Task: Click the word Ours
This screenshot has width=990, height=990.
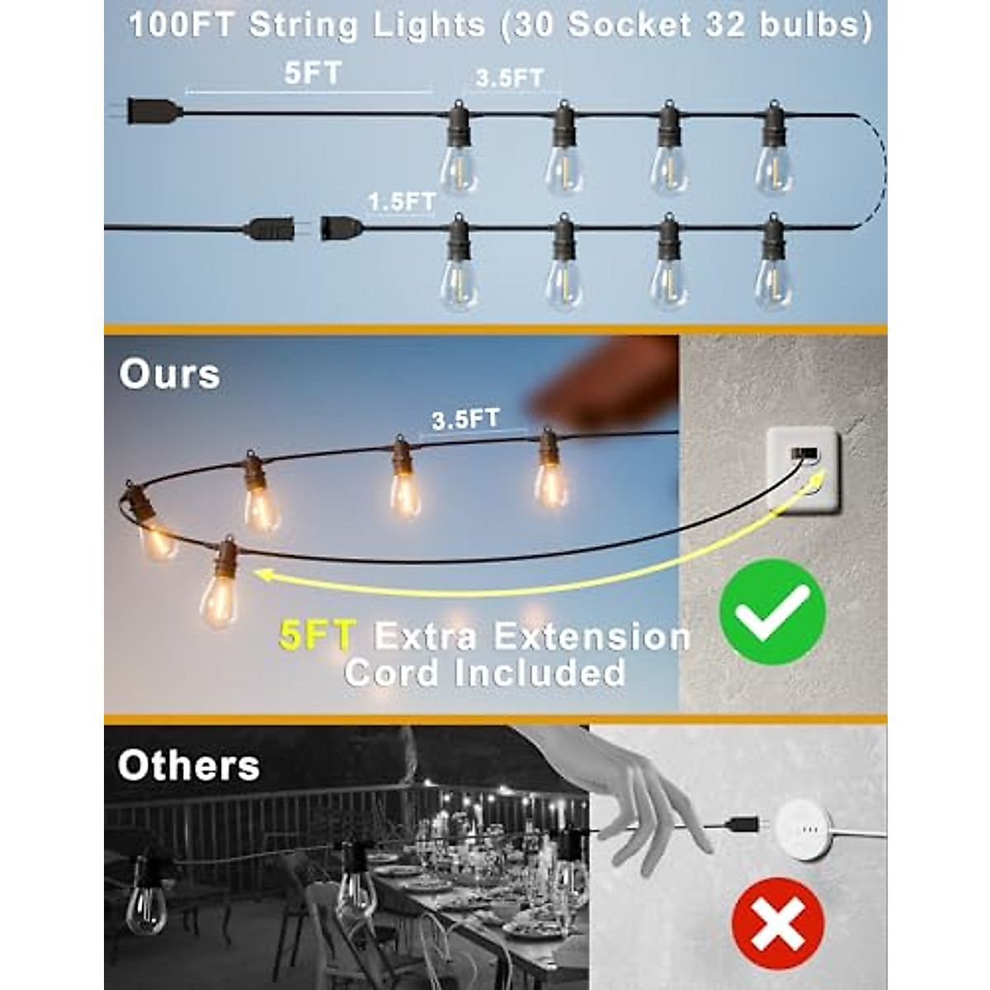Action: pos(169,374)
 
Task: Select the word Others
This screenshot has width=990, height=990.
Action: pos(188,766)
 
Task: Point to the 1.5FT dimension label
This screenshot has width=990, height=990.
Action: pos(402,200)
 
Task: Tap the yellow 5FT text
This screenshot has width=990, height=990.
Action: pos(318,637)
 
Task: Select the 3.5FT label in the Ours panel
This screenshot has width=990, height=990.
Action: pos(465,418)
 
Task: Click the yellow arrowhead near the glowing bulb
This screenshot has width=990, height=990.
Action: pos(264,574)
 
